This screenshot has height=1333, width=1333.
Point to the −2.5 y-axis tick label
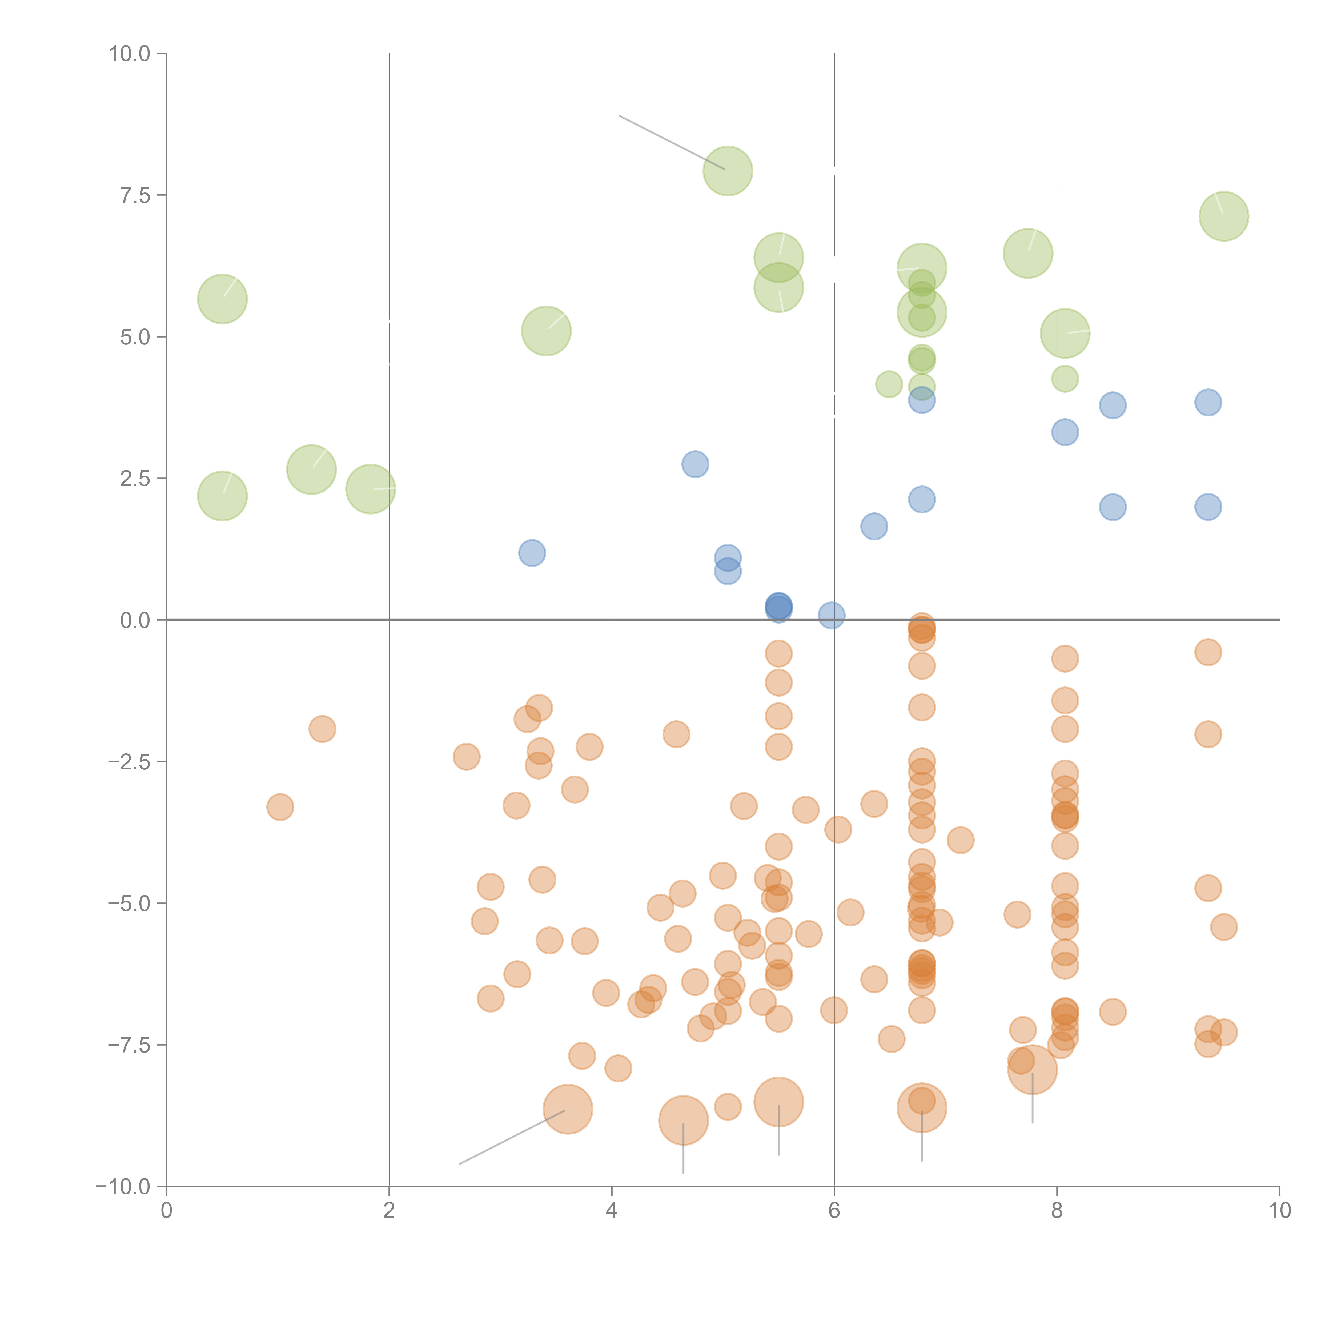(x=129, y=762)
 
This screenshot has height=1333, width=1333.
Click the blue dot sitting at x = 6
(x=832, y=615)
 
